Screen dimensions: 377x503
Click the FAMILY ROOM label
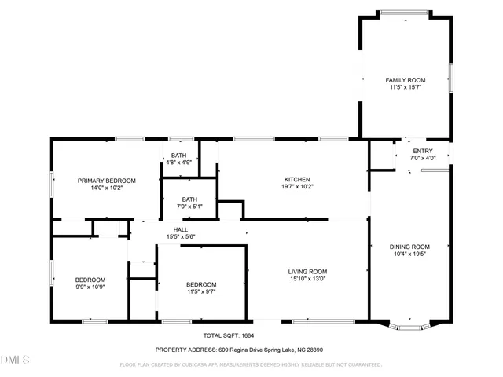(x=405, y=80)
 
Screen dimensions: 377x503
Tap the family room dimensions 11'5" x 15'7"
(x=405, y=87)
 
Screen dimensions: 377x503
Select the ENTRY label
(x=422, y=151)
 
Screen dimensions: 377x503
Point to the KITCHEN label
(x=296, y=179)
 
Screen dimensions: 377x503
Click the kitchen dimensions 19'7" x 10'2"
(x=296, y=186)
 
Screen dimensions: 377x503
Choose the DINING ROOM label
(x=409, y=247)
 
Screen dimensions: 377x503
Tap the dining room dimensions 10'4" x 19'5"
(x=409, y=254)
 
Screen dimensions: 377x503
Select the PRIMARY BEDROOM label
(x=106, y=181)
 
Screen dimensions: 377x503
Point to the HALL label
(x=180, y=229)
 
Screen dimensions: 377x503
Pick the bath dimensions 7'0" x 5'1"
(x=189, y=207)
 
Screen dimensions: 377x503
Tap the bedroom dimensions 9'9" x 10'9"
(x=90, y=287)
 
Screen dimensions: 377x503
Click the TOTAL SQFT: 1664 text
(x=223, y=335)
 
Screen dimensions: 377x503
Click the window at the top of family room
(x=405, y=13)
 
